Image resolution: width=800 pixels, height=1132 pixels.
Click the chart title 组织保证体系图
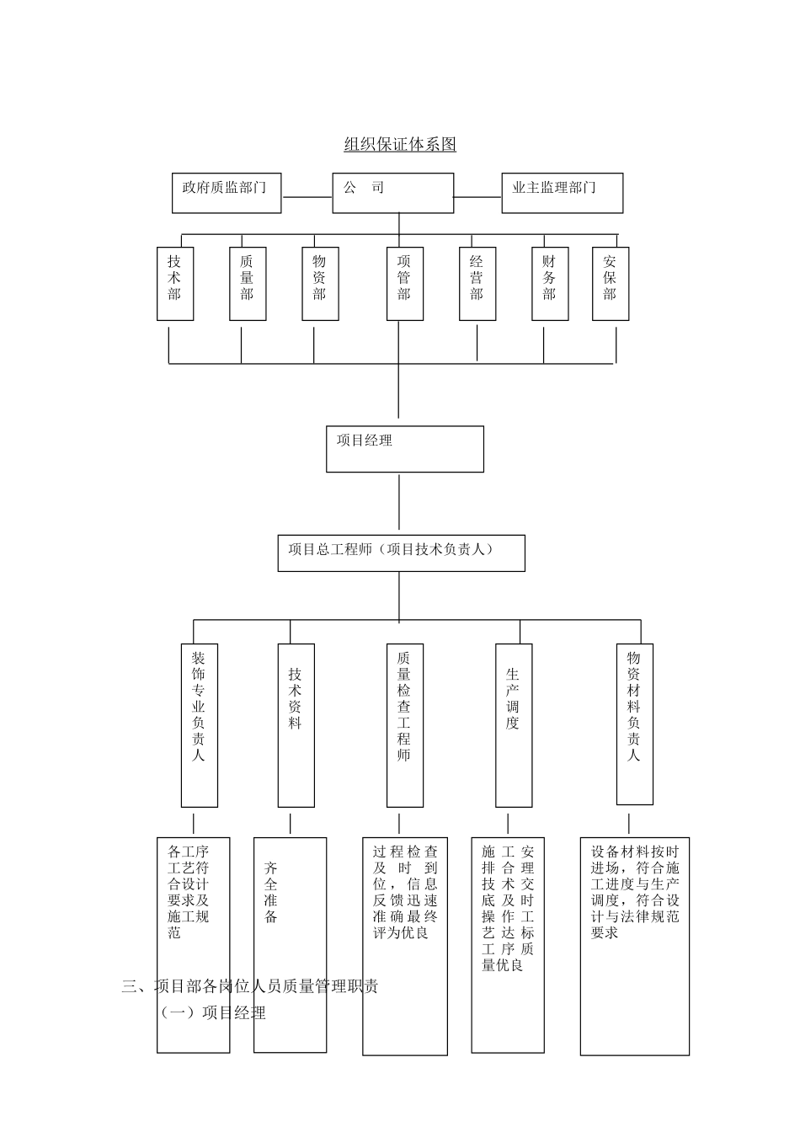click(400, 145)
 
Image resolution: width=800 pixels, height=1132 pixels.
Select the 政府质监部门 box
click(227, 193)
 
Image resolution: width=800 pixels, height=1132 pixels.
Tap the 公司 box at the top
click(392, 193)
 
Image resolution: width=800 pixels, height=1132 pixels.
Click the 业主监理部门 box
click(562, 193)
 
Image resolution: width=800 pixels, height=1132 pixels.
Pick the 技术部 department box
click(175, 283)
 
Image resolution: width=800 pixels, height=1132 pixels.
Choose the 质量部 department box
click(248, 283)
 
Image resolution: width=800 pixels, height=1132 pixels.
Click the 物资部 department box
click(320, 283)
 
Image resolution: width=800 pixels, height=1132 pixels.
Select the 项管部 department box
click(405, 283)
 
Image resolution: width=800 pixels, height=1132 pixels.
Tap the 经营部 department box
click(477, 283)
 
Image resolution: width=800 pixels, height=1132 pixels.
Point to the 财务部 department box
click(550, 283)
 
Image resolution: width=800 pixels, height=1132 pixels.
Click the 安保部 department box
click(611, 283)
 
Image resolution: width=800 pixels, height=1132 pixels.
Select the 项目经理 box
click(405, 449)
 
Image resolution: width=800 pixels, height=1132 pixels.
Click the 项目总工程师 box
click(401, 553)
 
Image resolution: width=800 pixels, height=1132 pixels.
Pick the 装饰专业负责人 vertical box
click(200, 725)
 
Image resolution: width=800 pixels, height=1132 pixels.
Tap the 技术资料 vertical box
click(296, 725)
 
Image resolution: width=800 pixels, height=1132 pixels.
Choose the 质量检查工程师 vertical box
click(405, 725)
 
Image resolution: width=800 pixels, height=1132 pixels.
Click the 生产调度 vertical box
click(514, 725)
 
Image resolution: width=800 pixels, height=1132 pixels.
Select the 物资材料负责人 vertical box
click(635, 724)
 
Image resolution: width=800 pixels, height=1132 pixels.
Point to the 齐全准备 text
click(271, 891)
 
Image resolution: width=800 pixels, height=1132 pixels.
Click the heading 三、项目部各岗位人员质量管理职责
click(250, 986)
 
